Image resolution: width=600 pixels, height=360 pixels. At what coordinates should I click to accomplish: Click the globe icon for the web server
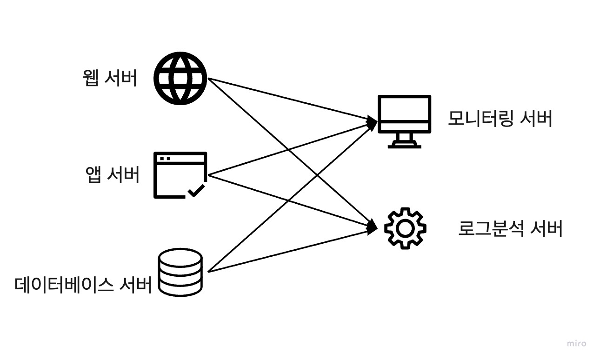point(180,78)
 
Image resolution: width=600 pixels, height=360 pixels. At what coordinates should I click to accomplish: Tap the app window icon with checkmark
point(180,175)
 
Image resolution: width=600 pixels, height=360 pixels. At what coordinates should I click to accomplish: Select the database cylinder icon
point(180,273)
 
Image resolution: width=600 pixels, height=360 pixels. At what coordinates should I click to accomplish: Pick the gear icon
point(405,228)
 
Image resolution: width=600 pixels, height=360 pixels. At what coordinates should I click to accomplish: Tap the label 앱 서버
point(113,175)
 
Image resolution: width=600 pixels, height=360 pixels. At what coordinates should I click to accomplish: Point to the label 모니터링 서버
point(500,119)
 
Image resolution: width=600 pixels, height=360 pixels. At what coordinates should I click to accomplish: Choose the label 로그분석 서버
point(510,229)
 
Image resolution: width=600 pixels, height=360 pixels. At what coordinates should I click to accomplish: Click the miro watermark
point(577,344)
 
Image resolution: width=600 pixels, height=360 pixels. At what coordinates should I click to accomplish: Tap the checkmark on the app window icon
point(196,191)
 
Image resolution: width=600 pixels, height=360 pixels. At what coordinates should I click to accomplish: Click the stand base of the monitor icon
point(404,145)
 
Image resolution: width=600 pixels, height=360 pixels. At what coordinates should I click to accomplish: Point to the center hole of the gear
point(405,228)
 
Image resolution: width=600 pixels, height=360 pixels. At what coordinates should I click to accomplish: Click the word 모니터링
point(480,119)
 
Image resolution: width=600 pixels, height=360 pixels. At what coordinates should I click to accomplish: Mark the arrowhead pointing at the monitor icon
point(373,122)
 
